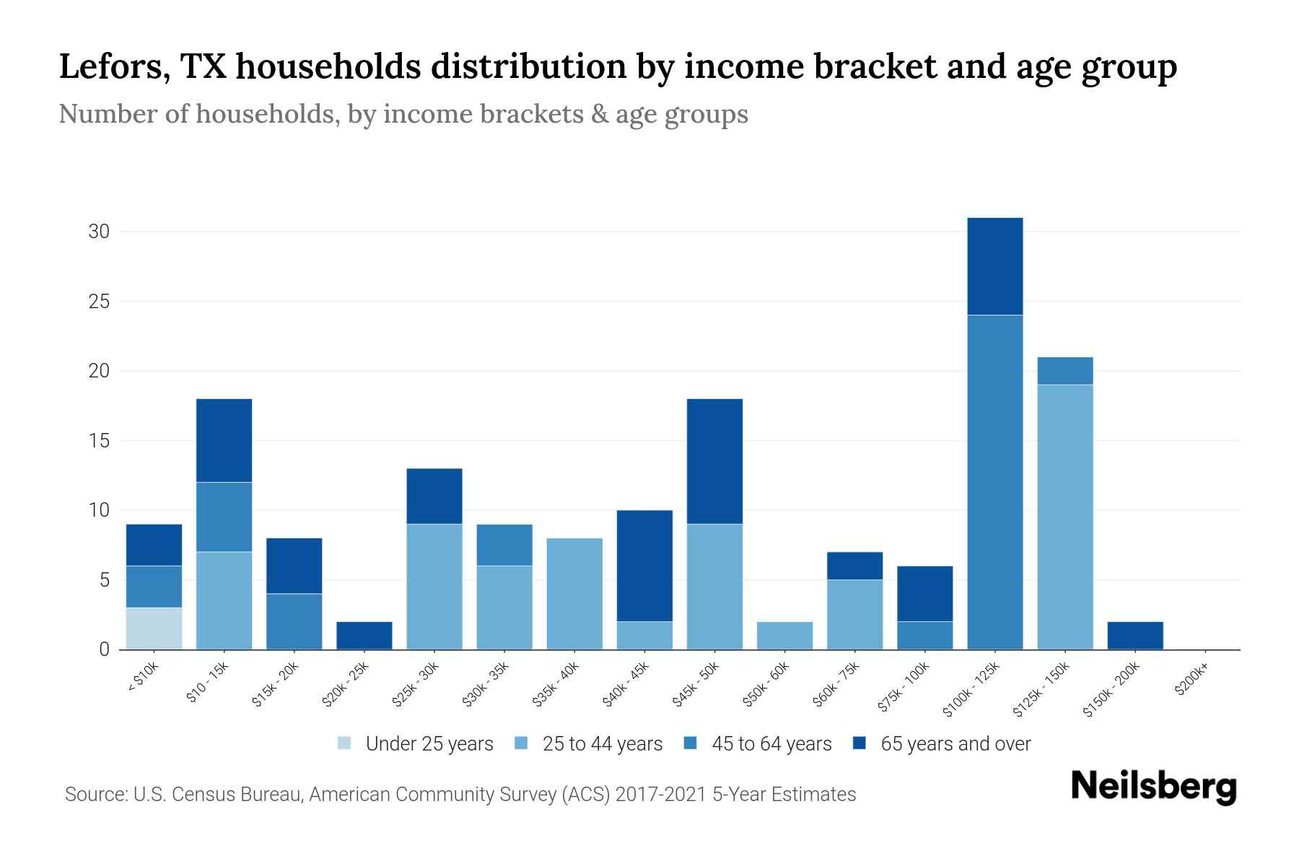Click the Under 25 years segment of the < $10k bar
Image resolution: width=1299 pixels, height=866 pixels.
click(x=154, y=629)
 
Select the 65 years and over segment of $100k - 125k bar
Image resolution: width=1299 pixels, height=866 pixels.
click(x=994, y=266)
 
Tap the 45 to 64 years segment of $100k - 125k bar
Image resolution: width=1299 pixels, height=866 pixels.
click(x=994, y=482)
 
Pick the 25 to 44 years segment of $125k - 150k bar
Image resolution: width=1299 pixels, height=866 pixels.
click(x=1064, y=517)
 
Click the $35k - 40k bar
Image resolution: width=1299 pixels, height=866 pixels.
click(x=574, y=593)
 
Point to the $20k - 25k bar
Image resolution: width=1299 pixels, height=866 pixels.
click(x=364, y=635)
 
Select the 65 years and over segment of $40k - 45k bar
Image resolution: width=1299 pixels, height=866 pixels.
click(x=644, y=566)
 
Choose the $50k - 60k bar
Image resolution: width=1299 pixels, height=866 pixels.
click(x=784, y=635)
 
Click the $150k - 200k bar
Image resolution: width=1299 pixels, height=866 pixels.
click(x=1134, y=635)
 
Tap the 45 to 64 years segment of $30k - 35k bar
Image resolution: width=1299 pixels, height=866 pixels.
click(x=504, y=545)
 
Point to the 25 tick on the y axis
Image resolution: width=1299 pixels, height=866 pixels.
click(x=99, y=301)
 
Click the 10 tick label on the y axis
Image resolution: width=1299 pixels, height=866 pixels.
click(x=99, y=510)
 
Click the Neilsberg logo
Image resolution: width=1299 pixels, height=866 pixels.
click(x=1153, y=787)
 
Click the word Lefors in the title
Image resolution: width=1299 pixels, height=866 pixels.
click(x=114, y=66)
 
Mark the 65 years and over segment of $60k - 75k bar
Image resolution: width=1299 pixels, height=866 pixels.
click(x=854, y=566)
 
